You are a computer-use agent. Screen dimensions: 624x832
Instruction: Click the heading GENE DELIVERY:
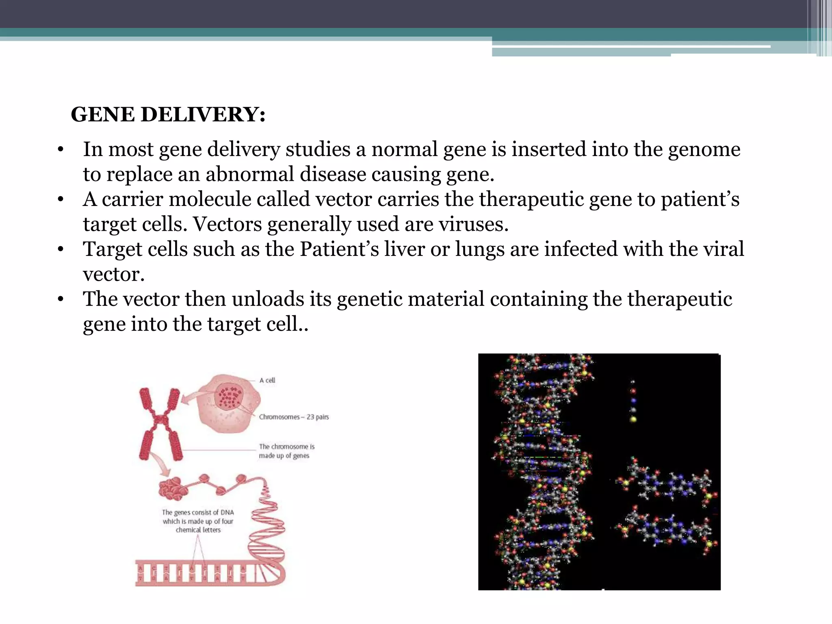168,115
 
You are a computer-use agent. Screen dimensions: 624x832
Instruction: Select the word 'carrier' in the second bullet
132,199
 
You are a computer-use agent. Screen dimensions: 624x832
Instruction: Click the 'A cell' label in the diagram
267,380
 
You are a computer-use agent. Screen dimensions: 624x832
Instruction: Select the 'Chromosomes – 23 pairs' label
294,417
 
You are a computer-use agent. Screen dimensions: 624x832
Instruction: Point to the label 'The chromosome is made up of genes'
286,451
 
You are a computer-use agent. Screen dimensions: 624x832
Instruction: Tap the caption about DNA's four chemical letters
198,521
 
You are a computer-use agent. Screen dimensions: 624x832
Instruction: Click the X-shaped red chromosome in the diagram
160,424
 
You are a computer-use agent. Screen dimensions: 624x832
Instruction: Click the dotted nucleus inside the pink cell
230,396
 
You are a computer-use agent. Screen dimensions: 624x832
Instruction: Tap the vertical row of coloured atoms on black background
633,402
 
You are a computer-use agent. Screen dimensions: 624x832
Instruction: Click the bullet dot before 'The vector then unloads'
61,299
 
